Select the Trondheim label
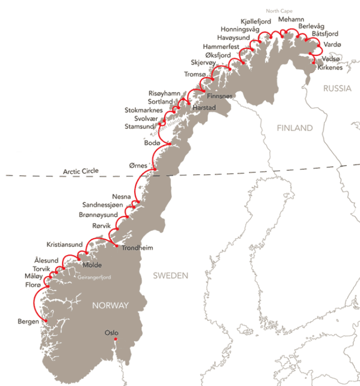point(137,249)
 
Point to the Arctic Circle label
point(81,171)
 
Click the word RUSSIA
point(337,89)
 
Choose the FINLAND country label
point(295,128)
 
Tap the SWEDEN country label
point(170,275)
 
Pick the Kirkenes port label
point(330,68)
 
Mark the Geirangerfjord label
point(94,277)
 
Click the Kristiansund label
point(64,244)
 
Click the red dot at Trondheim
point(116,246)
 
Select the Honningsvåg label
point(240,29)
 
